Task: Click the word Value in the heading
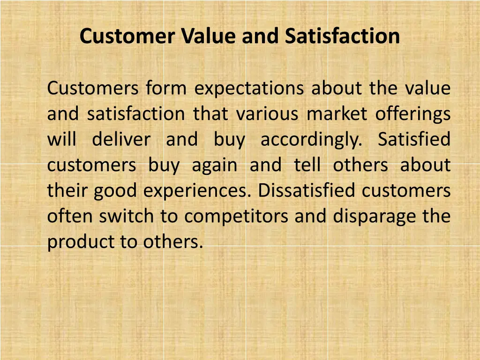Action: tap(210, 36)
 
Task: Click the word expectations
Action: tap(249, 89)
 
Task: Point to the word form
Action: tap(166, 89)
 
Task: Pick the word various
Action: tap(267, 114)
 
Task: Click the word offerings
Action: tap(413, 114)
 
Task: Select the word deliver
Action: tap(121, 140)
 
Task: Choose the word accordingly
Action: tap(311, 140)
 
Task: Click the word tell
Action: tap(307, 165)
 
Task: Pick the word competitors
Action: tap(237, 216)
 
